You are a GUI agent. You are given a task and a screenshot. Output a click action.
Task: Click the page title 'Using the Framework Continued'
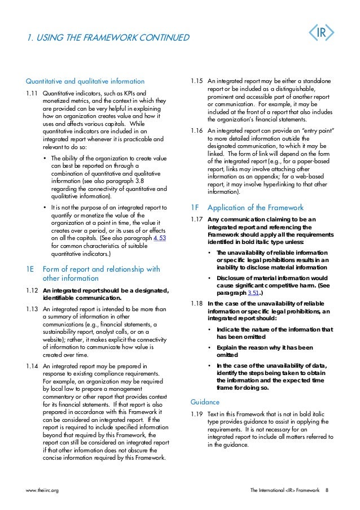pos(108,38)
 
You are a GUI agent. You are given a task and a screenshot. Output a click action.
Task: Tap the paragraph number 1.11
pos(32,93)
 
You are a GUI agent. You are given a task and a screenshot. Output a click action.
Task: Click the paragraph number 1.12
pos(32,290)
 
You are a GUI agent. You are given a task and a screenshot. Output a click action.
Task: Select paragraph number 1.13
pos(32,309)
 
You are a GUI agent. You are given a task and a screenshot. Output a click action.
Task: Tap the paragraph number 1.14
pos(32,367)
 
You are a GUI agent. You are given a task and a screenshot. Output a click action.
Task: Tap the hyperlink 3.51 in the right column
pos(239,293)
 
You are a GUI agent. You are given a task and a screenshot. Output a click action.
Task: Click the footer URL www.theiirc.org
pos(43,490)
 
